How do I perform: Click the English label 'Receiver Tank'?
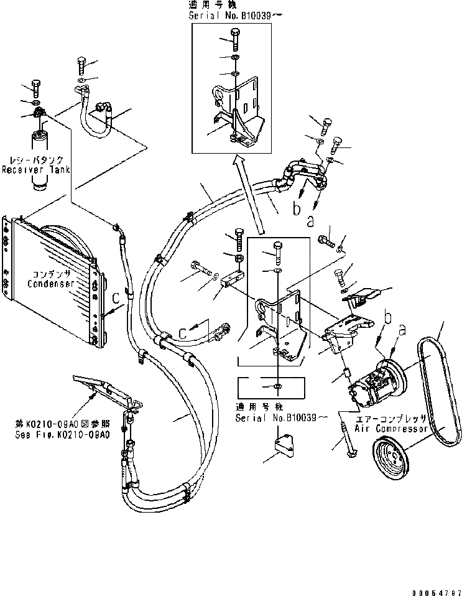click(35, 170)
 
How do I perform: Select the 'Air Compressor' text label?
click(391, 429)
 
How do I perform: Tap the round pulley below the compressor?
click(396, 458)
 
